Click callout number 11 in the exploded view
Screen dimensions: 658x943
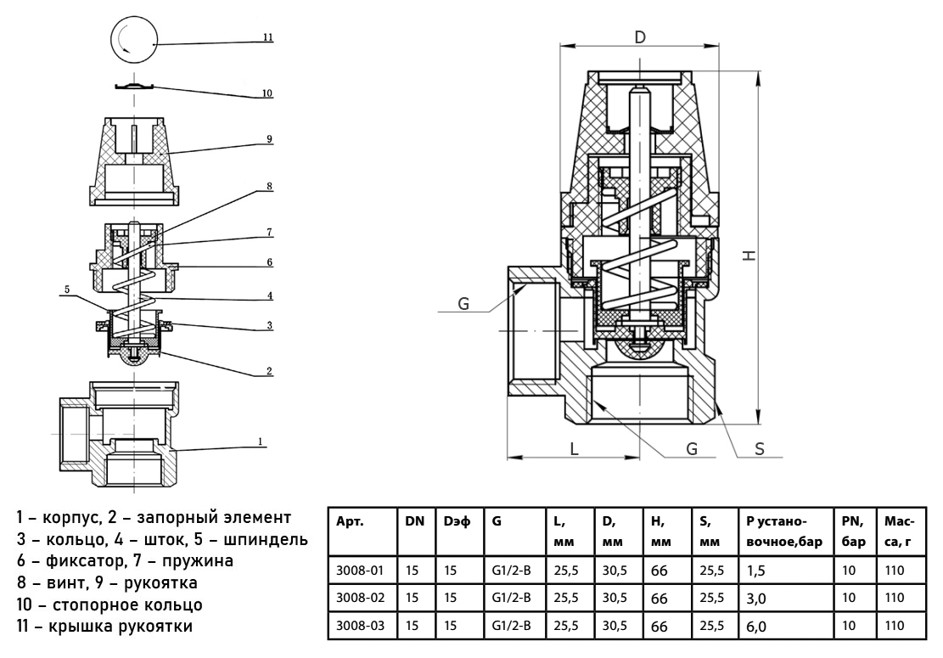tap(267, 38)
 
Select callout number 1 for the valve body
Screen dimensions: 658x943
tap(262, 441)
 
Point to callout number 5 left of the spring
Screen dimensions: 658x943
tap(65, 290)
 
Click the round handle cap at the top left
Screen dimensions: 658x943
tap(134, 39)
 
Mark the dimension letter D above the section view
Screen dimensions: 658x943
tap(641, 37)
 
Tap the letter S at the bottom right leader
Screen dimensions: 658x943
tap(760, 449)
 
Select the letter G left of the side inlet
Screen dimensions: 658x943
tap(463, 303)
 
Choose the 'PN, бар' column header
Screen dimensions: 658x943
tap(853, 531)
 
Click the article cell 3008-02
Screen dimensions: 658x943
tap(361, 598)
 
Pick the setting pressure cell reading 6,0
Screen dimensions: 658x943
tap(756, 627)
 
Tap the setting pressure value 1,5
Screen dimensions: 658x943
tap(756, 571)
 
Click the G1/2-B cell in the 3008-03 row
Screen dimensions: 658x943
tap(511, 626)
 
